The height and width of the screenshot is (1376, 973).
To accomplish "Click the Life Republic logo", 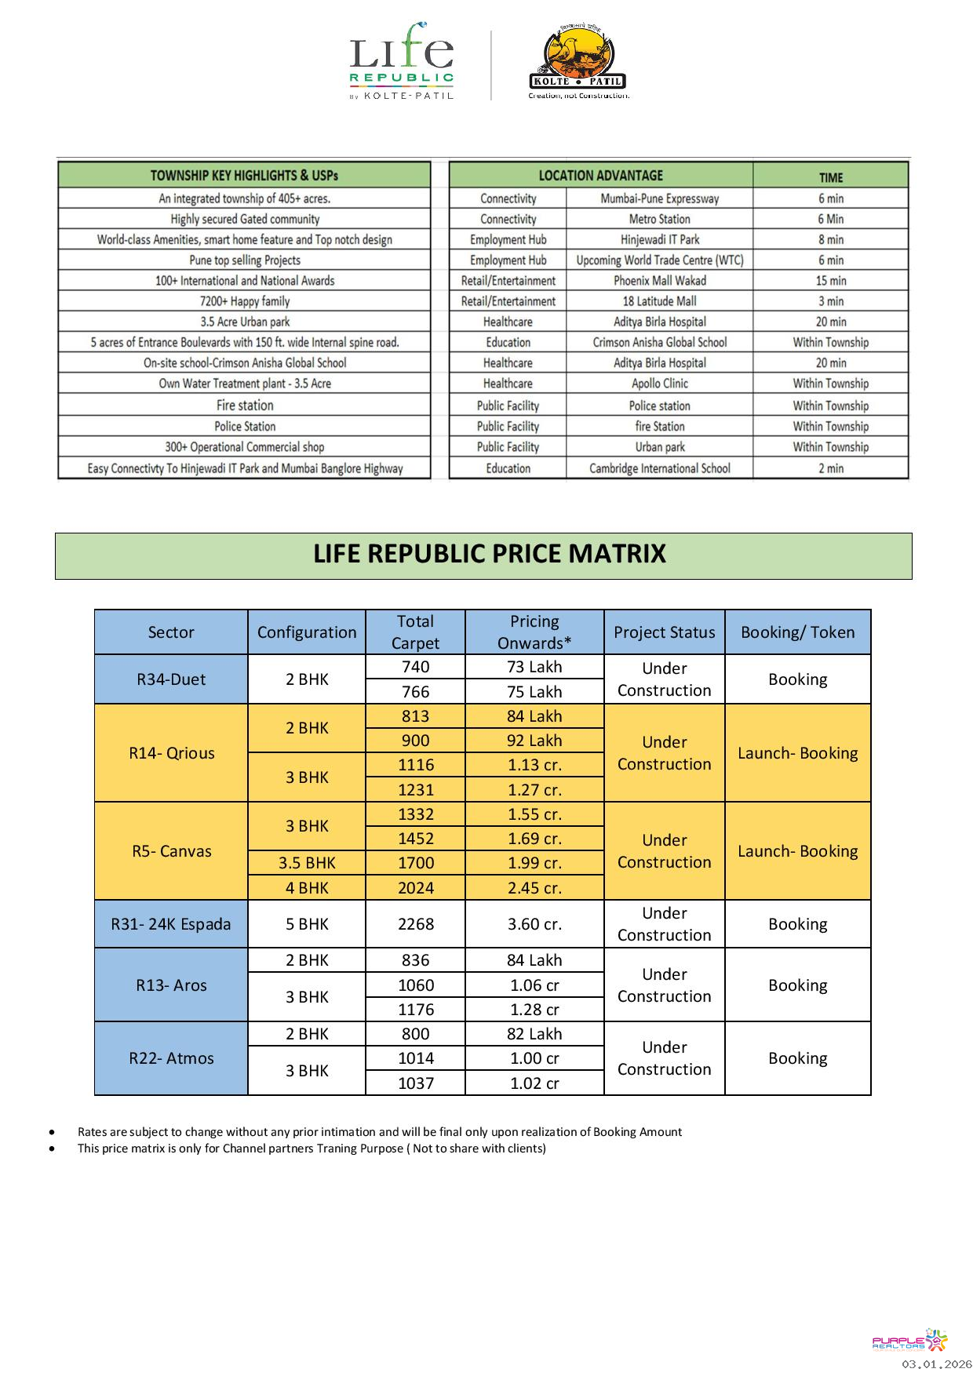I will (x=401, y=61).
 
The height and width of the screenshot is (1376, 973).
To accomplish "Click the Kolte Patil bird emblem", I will (x=577, y=55).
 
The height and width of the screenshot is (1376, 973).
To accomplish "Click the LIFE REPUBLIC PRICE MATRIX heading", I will (x=489, y=555).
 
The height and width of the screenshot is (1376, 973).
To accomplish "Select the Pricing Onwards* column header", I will (x=534, y=632).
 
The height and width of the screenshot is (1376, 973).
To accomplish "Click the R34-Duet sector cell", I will (x=171, y=679).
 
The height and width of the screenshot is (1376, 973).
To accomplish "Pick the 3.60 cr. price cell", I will (x=534, y=924).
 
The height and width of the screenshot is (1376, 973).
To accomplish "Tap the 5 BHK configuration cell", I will (x=307, y=924).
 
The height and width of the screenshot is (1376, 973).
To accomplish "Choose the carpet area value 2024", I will (x=415, y=888).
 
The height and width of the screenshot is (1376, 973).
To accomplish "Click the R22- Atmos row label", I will (x=171, y=1058).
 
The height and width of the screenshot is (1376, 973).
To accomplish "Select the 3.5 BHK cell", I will (x=307, y=863).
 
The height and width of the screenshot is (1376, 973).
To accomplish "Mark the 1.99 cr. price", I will (x=534, y=863).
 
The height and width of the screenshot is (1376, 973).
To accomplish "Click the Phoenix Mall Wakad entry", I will (x=659, y=281).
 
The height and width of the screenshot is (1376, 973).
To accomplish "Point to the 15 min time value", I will (x=830, y=281).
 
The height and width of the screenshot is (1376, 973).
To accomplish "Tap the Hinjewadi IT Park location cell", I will (x=659, y=240).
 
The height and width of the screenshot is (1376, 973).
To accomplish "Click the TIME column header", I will (x=830, y=177).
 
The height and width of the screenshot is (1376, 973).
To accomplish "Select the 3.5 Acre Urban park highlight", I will (x=245, y=322).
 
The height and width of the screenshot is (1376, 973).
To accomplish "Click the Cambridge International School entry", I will (x=659, y=468).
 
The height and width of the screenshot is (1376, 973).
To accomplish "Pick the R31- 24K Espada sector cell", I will (x=171, y=924).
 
